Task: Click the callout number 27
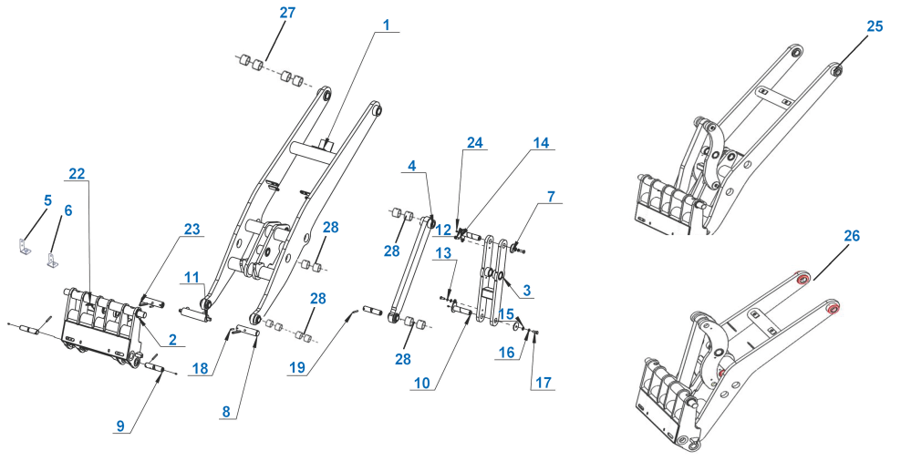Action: [x=287, y=13]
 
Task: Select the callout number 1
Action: [x=387, y=25]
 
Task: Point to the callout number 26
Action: [x=852, y=235]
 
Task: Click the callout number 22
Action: [x=77, y=173]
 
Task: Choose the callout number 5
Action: [x=47, y=200]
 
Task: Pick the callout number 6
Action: [x=68, y=210]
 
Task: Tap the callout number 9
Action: [x=120, y=425]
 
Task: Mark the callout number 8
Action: [x=226, y=411]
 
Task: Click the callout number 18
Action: [x=200, y=368]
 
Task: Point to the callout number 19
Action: [x=297, y=368]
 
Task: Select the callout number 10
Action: [x=421, y=383]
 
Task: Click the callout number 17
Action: [x=544, y=382]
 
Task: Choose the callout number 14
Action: [x=542, y=143]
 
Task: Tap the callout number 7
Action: [x=551, y=197]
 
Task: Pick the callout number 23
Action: [x=192, y=229]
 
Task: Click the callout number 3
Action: [x=526, y=290]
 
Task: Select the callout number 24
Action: [x=475, y=143]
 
